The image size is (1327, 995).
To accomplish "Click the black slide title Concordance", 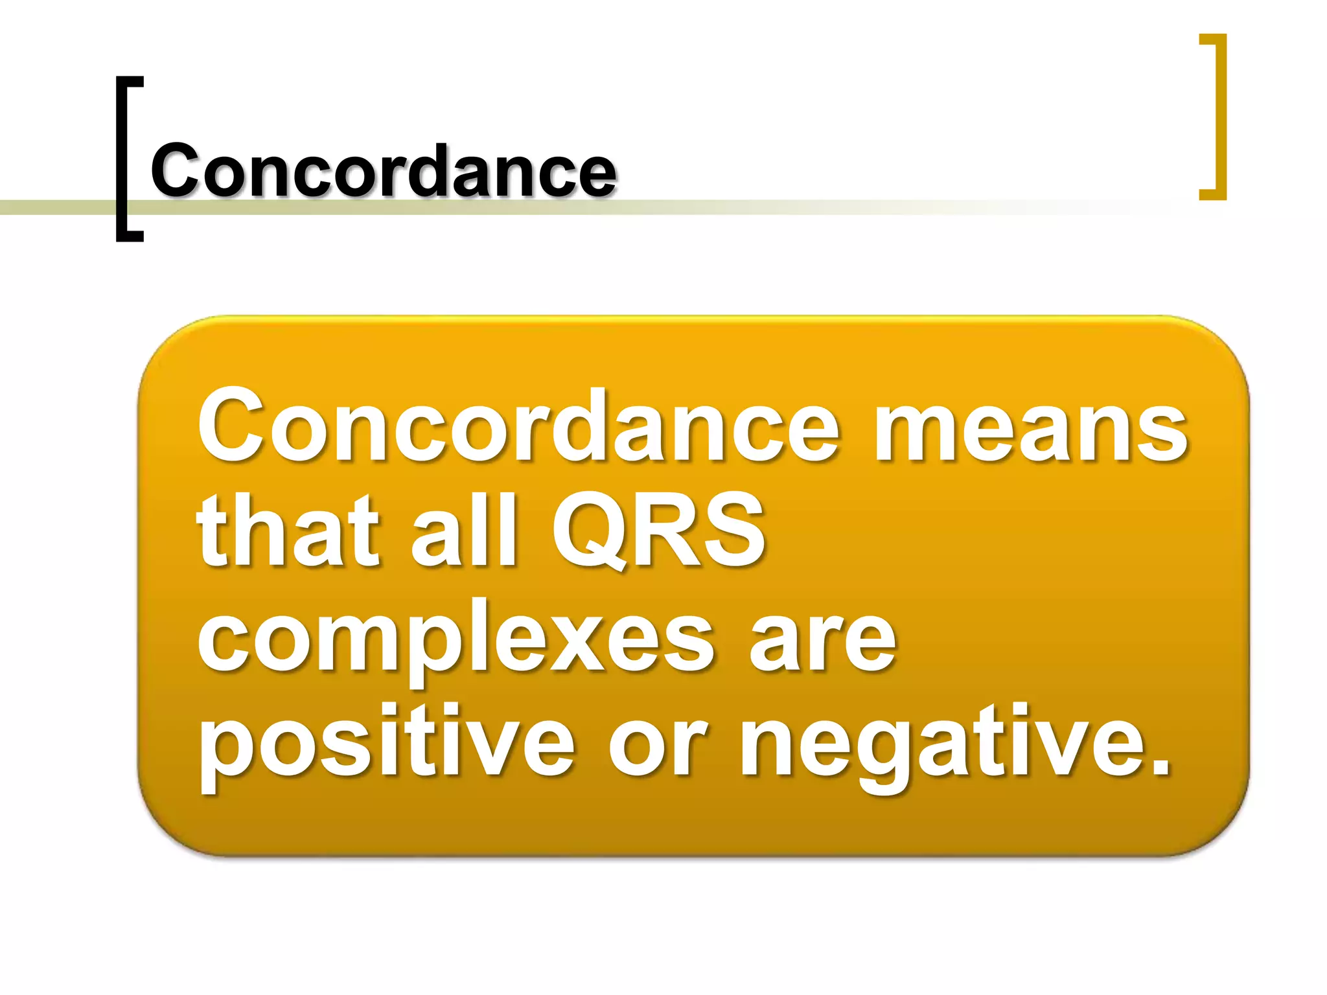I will click(x=383, y=170).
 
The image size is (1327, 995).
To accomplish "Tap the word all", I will click(x=464, y=530).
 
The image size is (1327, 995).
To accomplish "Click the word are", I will click(x=823, y=641).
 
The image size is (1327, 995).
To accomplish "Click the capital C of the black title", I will click(x=174, y=170).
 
